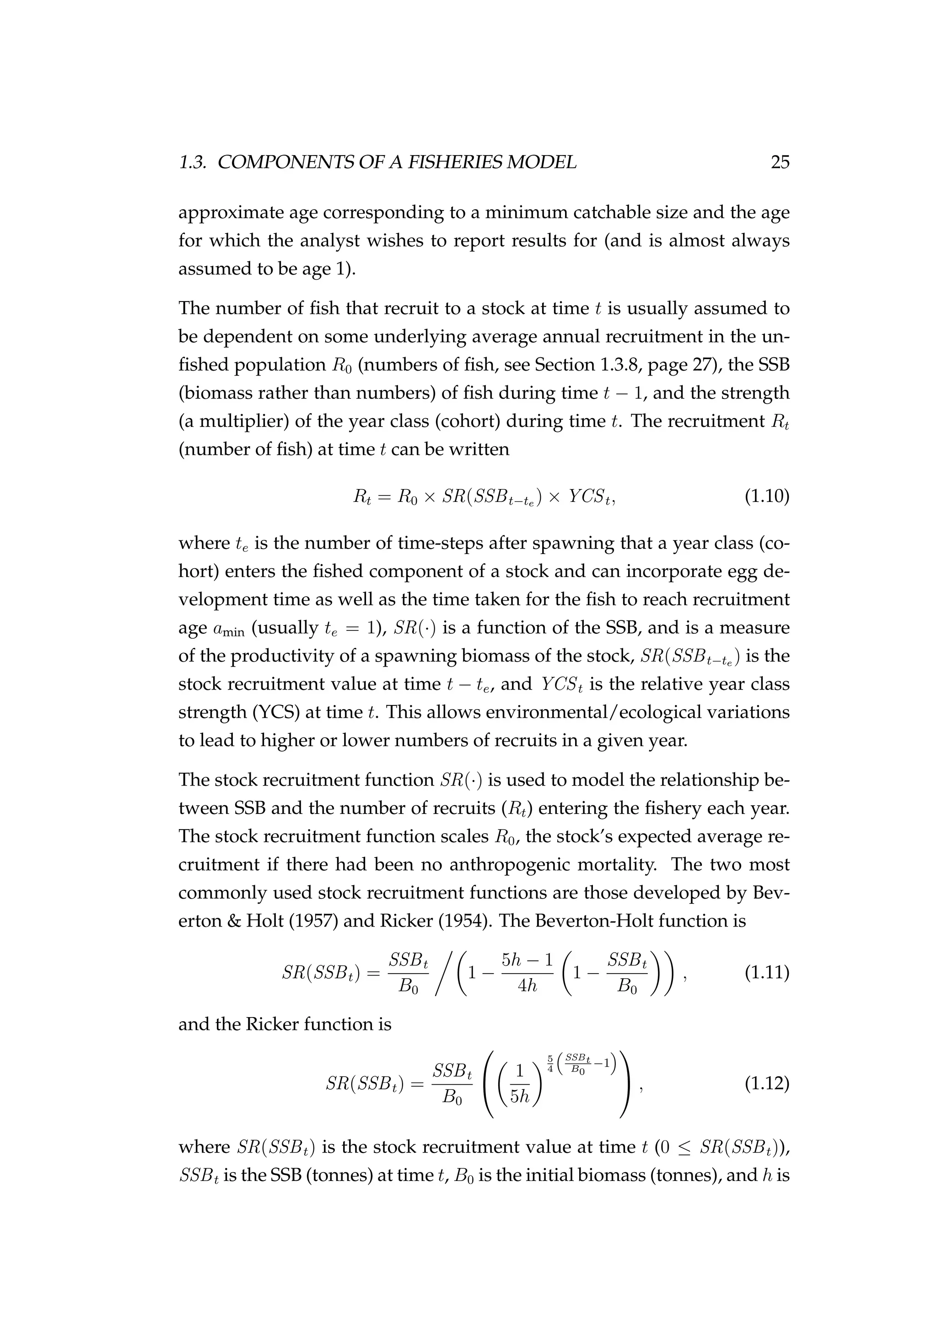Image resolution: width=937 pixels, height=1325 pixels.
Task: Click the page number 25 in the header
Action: pos(780,163)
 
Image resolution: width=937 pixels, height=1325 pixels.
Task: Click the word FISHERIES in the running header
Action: pos(455,163)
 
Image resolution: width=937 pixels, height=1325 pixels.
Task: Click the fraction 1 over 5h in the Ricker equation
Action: pos(520,1084)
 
